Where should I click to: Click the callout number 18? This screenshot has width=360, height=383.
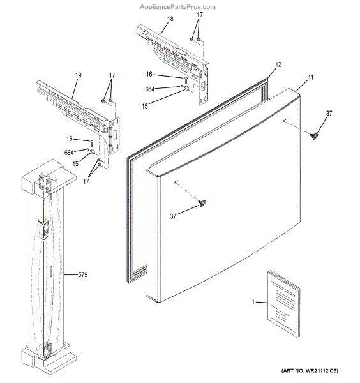(x=170, y=20)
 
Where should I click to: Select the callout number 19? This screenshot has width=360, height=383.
(x=78, y=75)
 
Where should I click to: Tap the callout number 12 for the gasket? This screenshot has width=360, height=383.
(x=278, y=65)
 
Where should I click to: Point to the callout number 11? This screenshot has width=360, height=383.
(x=311, y=77)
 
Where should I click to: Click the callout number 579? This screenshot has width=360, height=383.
(x=82, y=275)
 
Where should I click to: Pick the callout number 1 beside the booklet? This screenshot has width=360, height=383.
(x=253, y=302)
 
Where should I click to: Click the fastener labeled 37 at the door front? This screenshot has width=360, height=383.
(x=202, y=204)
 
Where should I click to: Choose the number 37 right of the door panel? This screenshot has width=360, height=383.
(x=329, y=114)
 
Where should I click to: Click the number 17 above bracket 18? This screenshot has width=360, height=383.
(x=200, y=14)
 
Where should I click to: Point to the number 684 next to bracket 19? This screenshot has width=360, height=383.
(x=69, y=152)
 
